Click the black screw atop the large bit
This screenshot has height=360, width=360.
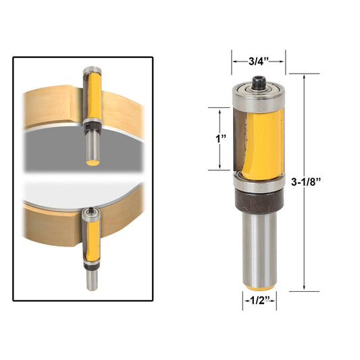[x=259, y=82]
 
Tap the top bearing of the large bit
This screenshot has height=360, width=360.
[x=259, y=98]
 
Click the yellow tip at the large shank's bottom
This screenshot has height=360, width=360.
[x=259, y=284]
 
